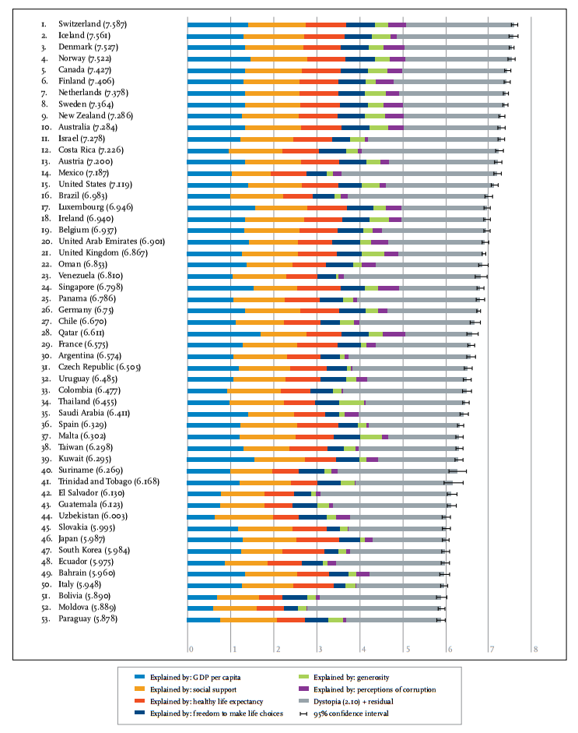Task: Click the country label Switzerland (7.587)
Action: (x=92, y=24)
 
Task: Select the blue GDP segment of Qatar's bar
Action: (x=223, y=333)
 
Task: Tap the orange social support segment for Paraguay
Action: (x=248, y=620)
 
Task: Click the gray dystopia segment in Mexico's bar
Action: (x=418, y=174)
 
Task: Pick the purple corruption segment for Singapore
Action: (x=388, y=288)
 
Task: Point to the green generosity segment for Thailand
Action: (x=352, y=403)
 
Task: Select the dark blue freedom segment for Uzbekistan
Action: (x=313, y=517)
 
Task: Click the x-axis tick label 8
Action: (x=535, y=649)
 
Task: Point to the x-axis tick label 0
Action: (x=191, y=649)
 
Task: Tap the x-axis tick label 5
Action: (x=408, y=649)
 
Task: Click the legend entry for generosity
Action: (x=344, y=677)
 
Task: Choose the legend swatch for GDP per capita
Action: (x=139, y=677)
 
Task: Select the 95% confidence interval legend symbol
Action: (x=303, y=714)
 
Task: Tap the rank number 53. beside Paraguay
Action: (x=46, y=619)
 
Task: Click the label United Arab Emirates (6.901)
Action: (x=111, y=241)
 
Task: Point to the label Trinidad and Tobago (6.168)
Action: (x=109, y=481)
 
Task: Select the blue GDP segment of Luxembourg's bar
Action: (x=221, y=207)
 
